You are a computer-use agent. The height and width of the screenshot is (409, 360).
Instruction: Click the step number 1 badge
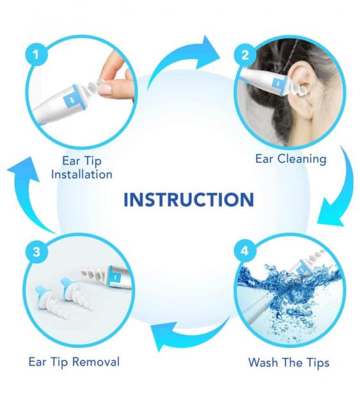click(x=36, y=54)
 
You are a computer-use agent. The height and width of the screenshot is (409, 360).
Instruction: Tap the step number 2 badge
click(x=245, y=55)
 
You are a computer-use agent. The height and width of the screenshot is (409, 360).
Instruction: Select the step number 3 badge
click(x=36, y=251)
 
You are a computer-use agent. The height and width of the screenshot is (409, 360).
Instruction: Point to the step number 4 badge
click(x=245, y=251)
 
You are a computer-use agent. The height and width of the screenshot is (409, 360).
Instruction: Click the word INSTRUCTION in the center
click(x=189, y=200)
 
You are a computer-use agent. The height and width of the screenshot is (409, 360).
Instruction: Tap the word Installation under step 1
click(x=82, y=174)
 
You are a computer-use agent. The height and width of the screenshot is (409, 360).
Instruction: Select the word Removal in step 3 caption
click(x=95, y=362)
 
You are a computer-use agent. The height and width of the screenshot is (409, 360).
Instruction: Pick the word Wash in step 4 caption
click(x=263, y=362)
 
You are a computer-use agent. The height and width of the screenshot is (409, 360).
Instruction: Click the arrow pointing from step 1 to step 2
click(x=180, y=61)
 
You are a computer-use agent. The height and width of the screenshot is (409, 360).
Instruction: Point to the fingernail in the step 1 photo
click(x=106, y=89)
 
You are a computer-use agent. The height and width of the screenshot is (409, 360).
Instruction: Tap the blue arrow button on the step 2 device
click(x=278, y=84)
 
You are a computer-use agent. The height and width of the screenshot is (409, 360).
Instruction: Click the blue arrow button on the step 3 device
click(x=115, y=277)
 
